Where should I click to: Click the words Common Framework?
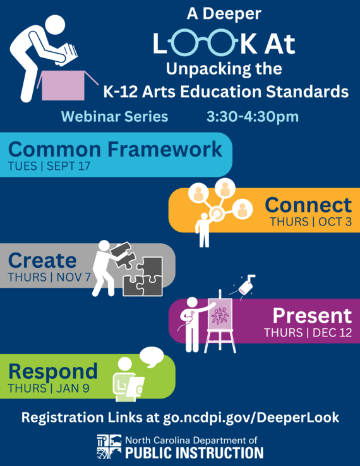(x=115, y=150)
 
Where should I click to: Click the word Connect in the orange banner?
(x=308, y=205)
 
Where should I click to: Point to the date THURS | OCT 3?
(x=310, y=222)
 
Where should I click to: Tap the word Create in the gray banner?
(x=42, y=260)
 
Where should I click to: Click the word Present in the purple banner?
(x=311, y=316)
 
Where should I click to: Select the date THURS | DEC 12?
(x=308, y=332)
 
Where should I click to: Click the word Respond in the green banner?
(x=53, y=371)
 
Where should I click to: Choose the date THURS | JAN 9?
(x=44, y=388)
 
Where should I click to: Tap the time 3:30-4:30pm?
(x=253, y=117)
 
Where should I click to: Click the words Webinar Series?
(x=114, y=117)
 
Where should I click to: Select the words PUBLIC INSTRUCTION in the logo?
(x=194, y=453)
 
